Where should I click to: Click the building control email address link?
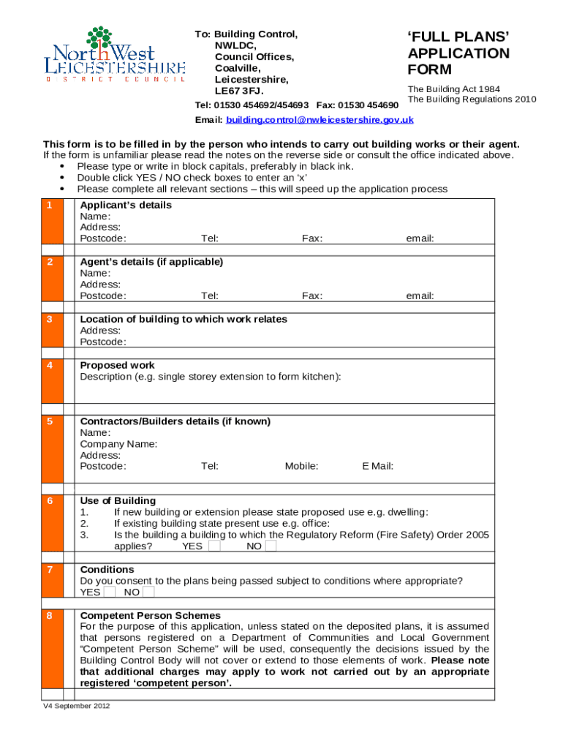coord(320,120)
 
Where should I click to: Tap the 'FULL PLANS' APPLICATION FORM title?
coord(458,53)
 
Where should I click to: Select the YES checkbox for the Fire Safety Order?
coord(214,546)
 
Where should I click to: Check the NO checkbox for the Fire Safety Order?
coord(271,546)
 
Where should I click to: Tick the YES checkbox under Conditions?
coord(110,592)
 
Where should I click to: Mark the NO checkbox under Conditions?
coord(148,592)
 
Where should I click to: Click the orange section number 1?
coord(50,206)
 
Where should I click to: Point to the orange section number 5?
coord(50,422)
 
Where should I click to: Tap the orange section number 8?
coord(50,617)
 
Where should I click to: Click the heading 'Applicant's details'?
coord(126,206)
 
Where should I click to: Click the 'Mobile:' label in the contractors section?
coord(301,466)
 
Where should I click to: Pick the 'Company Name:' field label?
coord(118,444)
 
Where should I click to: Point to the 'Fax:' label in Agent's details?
coord(312,296)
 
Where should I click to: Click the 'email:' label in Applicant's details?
coord(420,238)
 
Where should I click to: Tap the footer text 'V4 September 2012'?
coord(76,707)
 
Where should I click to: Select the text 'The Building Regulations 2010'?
coord(472,99)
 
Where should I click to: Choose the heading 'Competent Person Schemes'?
coord(150,616)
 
